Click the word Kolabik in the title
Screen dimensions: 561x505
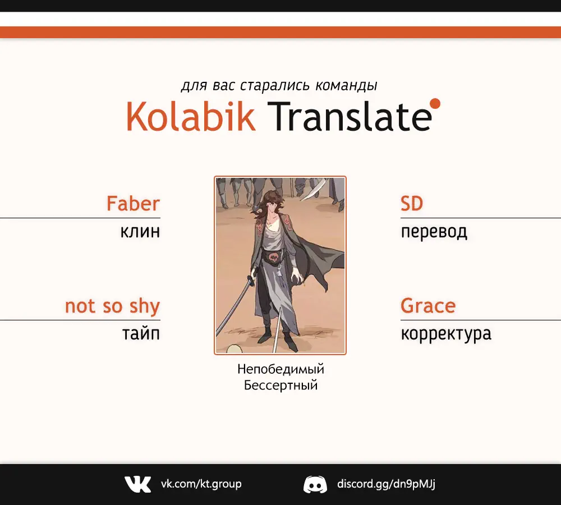191,116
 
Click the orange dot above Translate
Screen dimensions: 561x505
435,103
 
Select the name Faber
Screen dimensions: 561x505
133,203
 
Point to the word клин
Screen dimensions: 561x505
140,232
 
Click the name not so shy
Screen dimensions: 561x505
112,306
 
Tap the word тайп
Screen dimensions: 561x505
141,333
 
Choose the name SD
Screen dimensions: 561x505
412,204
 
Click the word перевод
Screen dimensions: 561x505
434,232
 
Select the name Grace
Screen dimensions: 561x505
428,306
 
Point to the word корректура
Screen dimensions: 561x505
446,334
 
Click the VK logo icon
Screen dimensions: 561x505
138,484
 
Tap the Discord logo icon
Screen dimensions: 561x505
315,484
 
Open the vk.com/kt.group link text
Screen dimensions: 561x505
201,484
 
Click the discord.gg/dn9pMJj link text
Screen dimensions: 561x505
386,484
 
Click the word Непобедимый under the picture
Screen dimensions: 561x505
280,369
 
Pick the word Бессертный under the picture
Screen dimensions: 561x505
280,385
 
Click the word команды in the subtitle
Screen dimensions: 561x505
346,86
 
